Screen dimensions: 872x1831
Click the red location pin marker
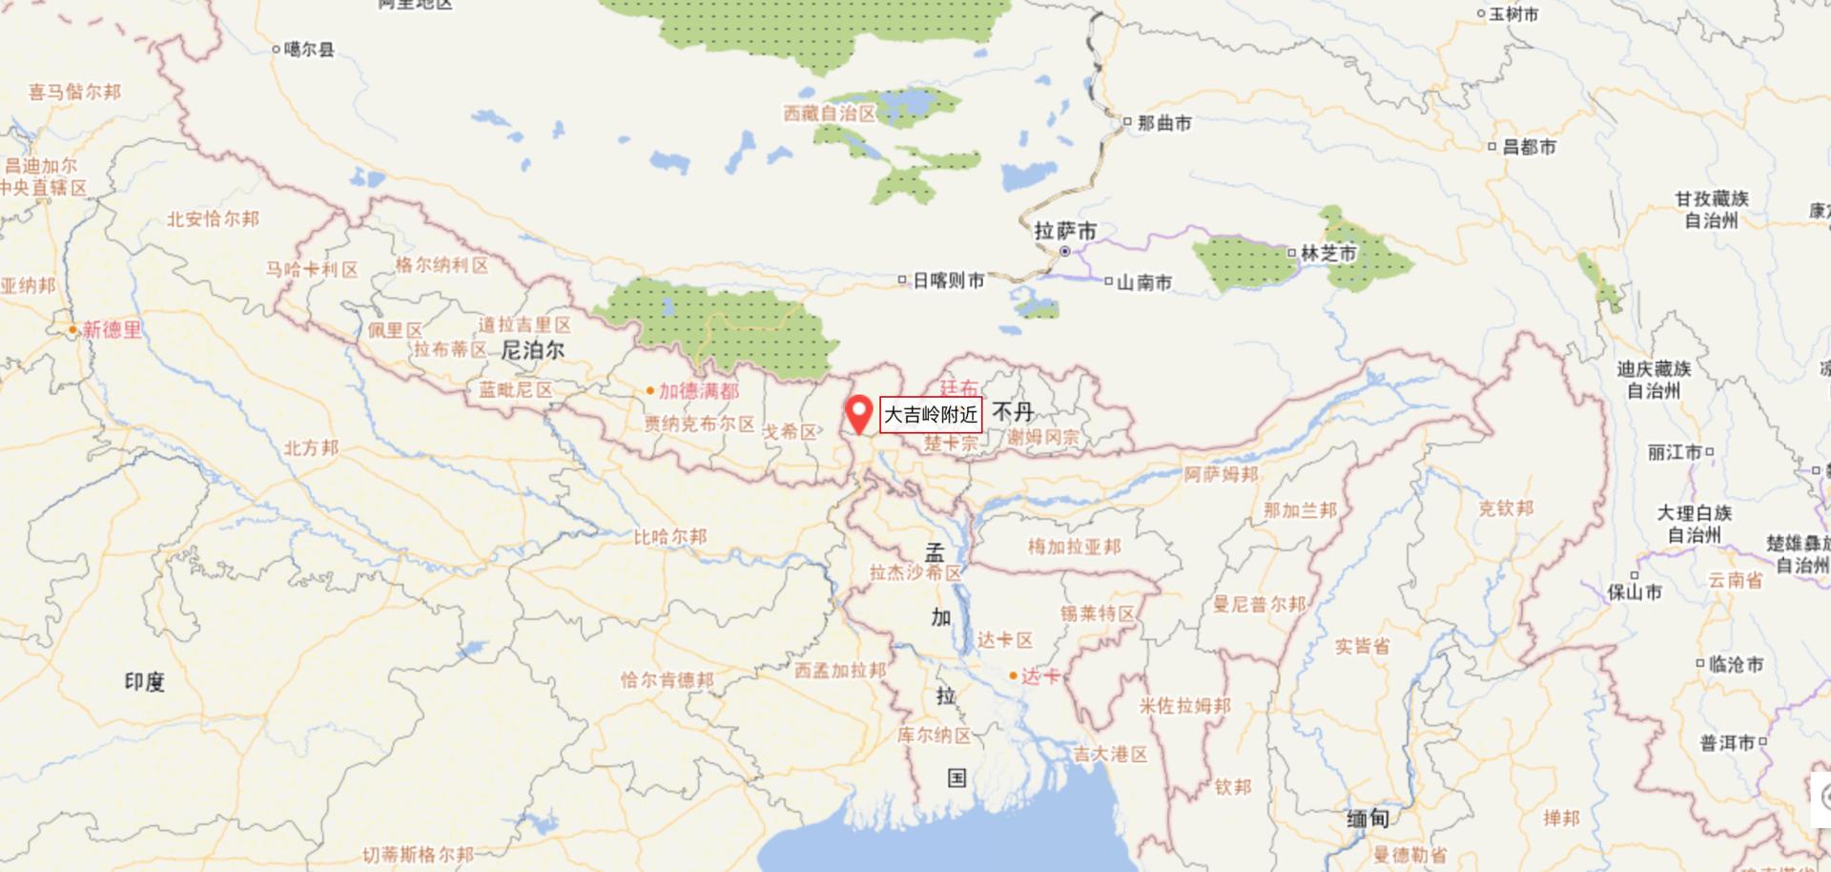click(x=859, y=413)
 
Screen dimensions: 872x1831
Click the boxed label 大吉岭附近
click(x=931, y=415)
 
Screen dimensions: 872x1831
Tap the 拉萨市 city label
click(x=1066, y=232)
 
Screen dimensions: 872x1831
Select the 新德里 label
click(x=111, y=330)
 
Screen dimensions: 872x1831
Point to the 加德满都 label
click(x=698, y=391)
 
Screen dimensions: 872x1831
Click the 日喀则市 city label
click(x=948, y=280)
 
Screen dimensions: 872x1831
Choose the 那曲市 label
click(x=1163, y=123)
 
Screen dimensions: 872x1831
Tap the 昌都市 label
click(x=1529, y=147)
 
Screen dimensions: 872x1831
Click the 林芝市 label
click(x=1327, y=254)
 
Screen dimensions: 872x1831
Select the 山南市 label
click(x=1143, y=282)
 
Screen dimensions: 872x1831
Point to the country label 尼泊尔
click(x=533, y=351)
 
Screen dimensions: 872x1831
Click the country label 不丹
click(x=1013, y=412)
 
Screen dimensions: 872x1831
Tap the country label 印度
click(x=145, y=682)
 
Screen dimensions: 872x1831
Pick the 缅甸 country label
click(x=1368, y=819)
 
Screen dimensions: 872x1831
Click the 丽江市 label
click(x=1675, y=452)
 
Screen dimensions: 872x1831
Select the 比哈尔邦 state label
click(x=670, y=537)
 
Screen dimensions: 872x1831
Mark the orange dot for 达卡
click(x=1013, y=675)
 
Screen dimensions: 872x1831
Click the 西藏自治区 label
click(x=830, y=114)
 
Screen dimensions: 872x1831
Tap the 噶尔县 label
click(x=309, y=50)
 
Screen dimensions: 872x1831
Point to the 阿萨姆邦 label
click(x=1221, y=474)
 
